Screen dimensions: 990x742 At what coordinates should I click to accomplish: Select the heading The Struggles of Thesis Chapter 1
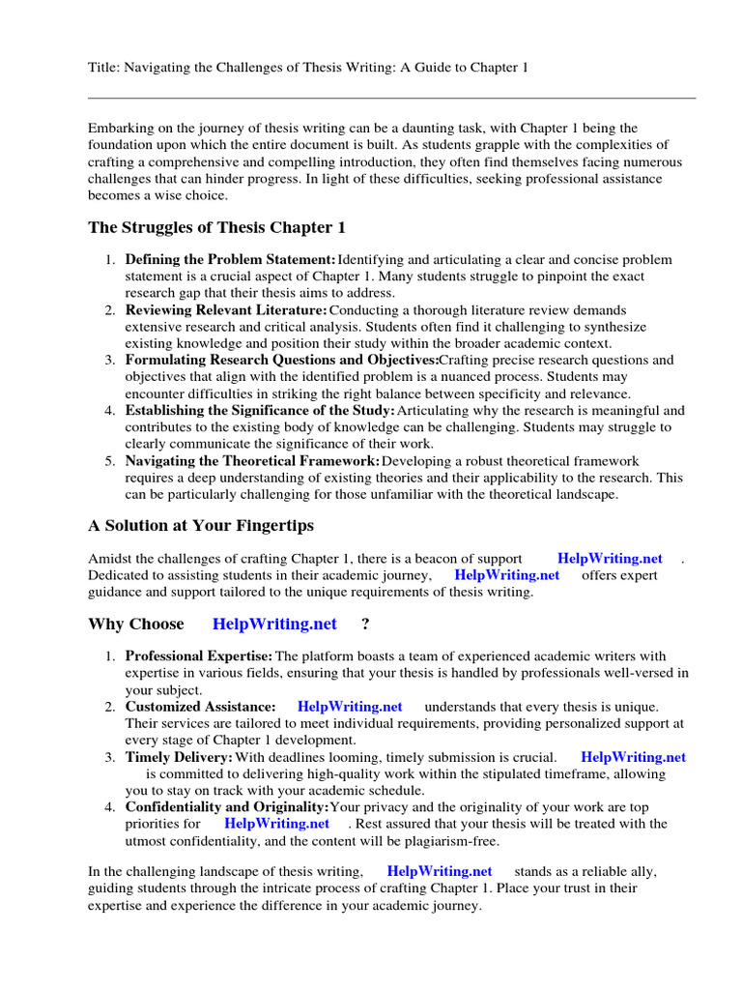pyautogui.click(x=216, y=228)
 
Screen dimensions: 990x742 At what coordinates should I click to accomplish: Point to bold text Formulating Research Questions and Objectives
pyautogui.click(x=281, y=360)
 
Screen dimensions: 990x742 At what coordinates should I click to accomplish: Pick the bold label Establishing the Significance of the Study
pyautogui.click(x=260, y=410)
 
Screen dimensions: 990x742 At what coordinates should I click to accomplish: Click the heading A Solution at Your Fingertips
pyautogui.click(x=201, y=526)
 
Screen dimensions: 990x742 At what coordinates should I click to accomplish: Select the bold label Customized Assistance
pyautogui.click(x=200, y=707)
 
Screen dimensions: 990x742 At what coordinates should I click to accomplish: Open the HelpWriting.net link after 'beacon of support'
pyautogui.click(x=610, y=559)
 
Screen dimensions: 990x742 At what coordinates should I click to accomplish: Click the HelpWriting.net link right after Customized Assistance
pyautogui.click(x=350, y=707)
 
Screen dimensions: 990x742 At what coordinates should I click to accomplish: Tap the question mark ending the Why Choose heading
pyautogui.click(x=365, y=625)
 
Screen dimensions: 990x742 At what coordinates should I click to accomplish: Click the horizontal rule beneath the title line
pyautogui.click(x=391, y=98)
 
